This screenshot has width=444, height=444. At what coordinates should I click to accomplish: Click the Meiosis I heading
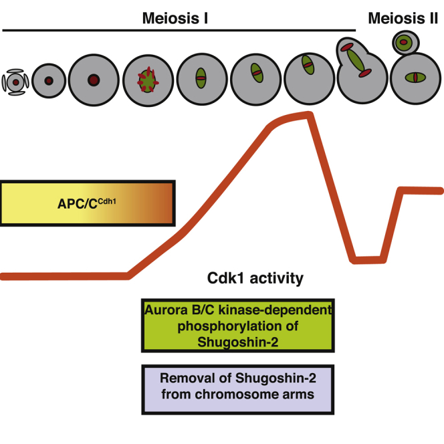[x=176, y=18]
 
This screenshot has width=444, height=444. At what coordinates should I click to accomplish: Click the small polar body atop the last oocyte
[x=404, y=43]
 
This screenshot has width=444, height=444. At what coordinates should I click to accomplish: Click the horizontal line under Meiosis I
[x=179, y=31]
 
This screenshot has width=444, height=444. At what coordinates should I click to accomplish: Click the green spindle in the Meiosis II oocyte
[x=415, y=79]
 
